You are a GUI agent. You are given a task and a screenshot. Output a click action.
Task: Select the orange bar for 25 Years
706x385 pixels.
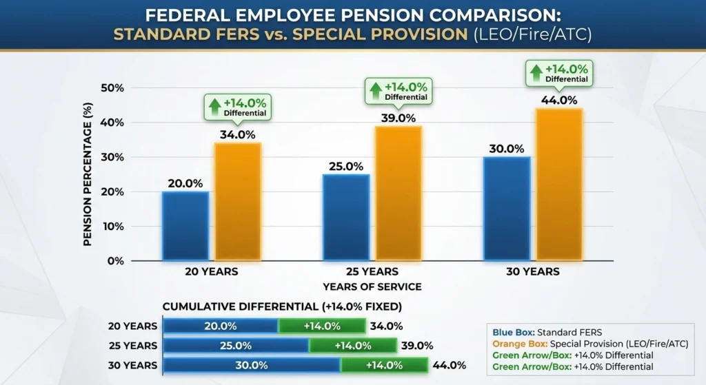tap(398, 193)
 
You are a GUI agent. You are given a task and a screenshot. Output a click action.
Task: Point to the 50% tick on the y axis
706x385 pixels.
tap(112, 88)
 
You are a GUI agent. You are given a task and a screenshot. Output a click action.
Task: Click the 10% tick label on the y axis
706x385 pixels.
tap(112, 227)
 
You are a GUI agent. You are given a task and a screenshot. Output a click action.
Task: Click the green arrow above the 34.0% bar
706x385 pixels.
tap(214, 105)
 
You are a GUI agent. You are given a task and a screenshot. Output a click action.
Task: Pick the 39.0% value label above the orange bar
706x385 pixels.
tap(398, 118)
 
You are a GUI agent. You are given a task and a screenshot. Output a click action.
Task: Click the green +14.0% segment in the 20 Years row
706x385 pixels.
tap(321, 326)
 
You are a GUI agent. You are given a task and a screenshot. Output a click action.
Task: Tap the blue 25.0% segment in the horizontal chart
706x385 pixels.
tap(236, 346)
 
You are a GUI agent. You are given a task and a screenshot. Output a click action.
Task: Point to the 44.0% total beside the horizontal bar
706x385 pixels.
tap(449, 365)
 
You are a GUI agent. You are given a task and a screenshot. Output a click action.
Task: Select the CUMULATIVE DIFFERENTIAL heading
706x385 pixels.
tap(282, 306)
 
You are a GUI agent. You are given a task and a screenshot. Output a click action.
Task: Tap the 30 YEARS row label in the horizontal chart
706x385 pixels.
tap(132, 365)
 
